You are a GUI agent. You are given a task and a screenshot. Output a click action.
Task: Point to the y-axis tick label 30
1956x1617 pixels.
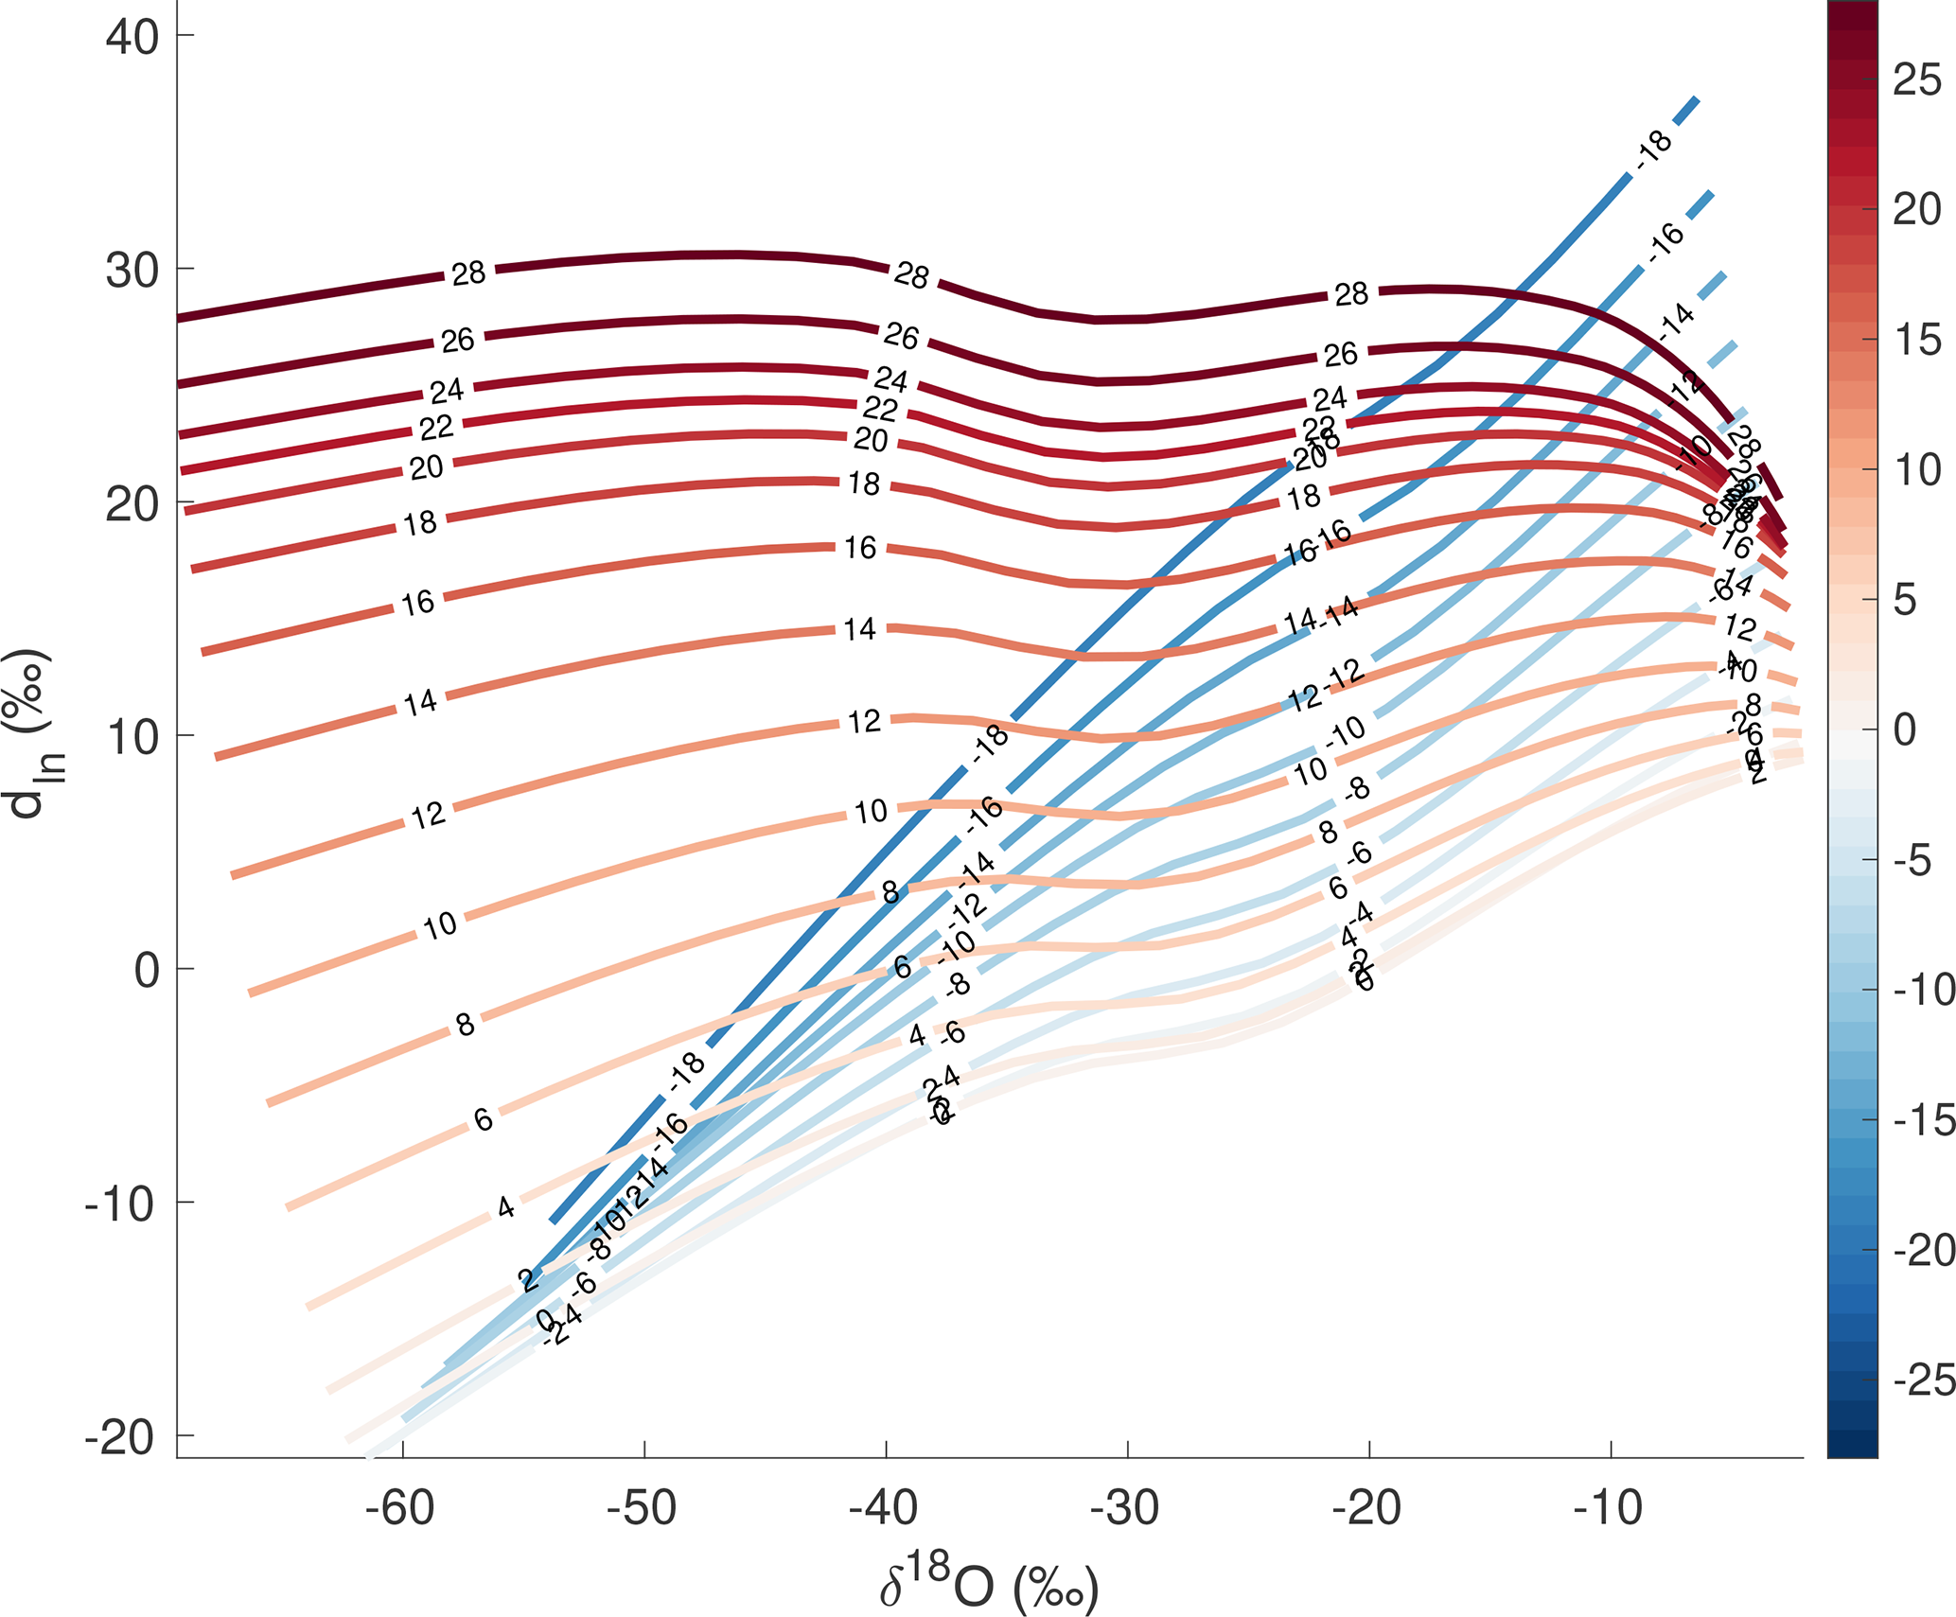[x=132, y=270]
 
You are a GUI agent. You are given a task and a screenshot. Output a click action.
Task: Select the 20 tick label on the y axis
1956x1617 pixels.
[x=132, y=503]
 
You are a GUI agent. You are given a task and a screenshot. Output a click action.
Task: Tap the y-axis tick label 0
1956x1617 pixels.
[x=147, y=970]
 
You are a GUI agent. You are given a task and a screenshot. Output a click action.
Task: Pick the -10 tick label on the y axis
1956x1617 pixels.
[x=119, y=1204]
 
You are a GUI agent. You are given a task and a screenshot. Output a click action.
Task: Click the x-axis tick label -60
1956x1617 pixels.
[x=401, y=1507]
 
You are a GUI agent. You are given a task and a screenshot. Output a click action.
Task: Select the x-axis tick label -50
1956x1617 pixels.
[x=643, y=1507]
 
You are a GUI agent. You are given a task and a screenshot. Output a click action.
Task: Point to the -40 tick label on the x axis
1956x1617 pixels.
[x=884, y=1507]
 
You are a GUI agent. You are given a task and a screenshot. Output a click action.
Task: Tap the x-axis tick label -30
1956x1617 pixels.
[x=1125, y=1507]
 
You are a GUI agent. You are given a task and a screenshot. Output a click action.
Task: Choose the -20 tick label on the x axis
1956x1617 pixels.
[x=1367, y=1507]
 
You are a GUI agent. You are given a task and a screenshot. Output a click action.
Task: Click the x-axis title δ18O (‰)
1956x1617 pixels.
[x=989, y=1583]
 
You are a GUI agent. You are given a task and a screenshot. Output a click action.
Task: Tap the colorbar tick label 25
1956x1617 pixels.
[x=1917, y=80]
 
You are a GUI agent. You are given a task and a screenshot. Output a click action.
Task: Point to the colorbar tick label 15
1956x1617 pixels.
[x=1917, y=340]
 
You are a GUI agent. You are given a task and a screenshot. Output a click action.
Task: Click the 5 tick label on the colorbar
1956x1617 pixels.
[x=1905, y=600]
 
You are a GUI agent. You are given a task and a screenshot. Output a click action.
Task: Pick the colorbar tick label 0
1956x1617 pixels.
[x=1905, y=729]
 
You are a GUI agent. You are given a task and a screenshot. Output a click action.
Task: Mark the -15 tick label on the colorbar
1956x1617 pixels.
[x=1923, y=1120]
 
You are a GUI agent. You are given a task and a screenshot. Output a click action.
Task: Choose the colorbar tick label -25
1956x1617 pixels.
[x=1923, y=1380]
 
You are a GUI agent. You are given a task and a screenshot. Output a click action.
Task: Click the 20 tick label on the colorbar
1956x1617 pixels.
[x=1917, y=210]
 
